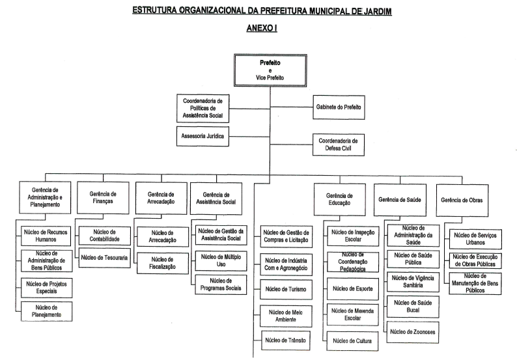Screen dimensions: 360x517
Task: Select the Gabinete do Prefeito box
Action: pos(339,106)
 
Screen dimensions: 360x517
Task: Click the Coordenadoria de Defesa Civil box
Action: pos(339,144)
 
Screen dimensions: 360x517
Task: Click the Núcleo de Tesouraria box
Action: pos(105,257)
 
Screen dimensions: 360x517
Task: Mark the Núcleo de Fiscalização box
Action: pos(162,263)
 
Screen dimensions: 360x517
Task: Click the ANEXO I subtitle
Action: pos(258,29)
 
